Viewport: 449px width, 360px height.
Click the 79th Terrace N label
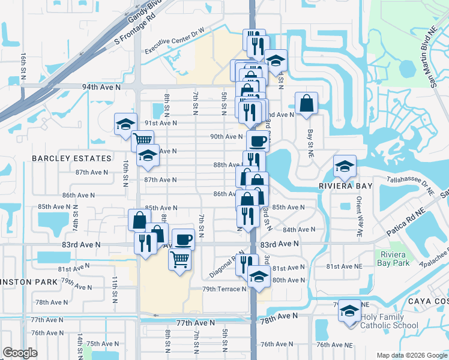(224, 289)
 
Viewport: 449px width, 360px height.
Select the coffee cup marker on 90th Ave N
(258, 141)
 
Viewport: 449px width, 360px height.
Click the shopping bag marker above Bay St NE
(306, 103)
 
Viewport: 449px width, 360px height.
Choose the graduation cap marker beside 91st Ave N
(126, 124)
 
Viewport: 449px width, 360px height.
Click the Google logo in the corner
(20, 353)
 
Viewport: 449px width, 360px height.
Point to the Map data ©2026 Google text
(411, 355)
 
